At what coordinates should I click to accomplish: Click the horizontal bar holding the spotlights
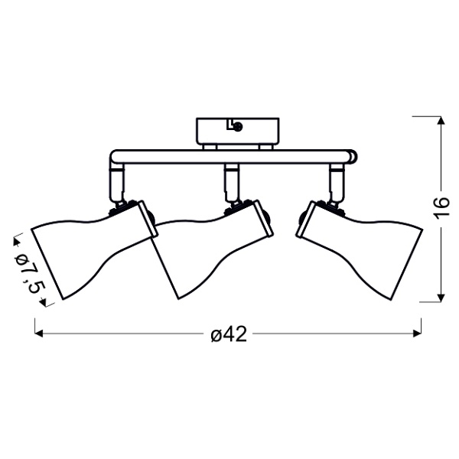coord(229,157)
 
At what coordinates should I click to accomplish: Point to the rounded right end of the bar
coord(352,157)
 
